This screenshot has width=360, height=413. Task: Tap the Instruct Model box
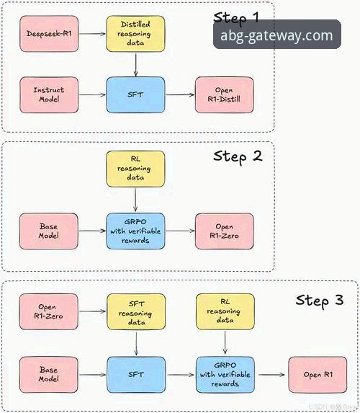click(48, 94)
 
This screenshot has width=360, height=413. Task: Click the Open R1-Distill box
click(224, 94)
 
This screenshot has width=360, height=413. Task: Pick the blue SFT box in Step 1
click(135, 94)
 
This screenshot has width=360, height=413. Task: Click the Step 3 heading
click(319, 300)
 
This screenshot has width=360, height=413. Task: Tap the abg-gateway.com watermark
click(277, 35)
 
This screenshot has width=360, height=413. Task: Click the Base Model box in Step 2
click(48, 231)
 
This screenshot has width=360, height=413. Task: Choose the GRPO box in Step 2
click(135, 231)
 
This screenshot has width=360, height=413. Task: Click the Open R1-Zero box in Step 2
click(224, 231)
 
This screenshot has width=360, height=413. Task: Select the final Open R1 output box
click(317, 374)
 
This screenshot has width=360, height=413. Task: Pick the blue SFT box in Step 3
click(135, 374)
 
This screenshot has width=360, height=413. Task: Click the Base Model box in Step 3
click(48, 374)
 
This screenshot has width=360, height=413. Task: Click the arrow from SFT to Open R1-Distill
click(180, 94)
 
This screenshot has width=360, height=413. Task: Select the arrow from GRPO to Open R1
click(272, 374)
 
